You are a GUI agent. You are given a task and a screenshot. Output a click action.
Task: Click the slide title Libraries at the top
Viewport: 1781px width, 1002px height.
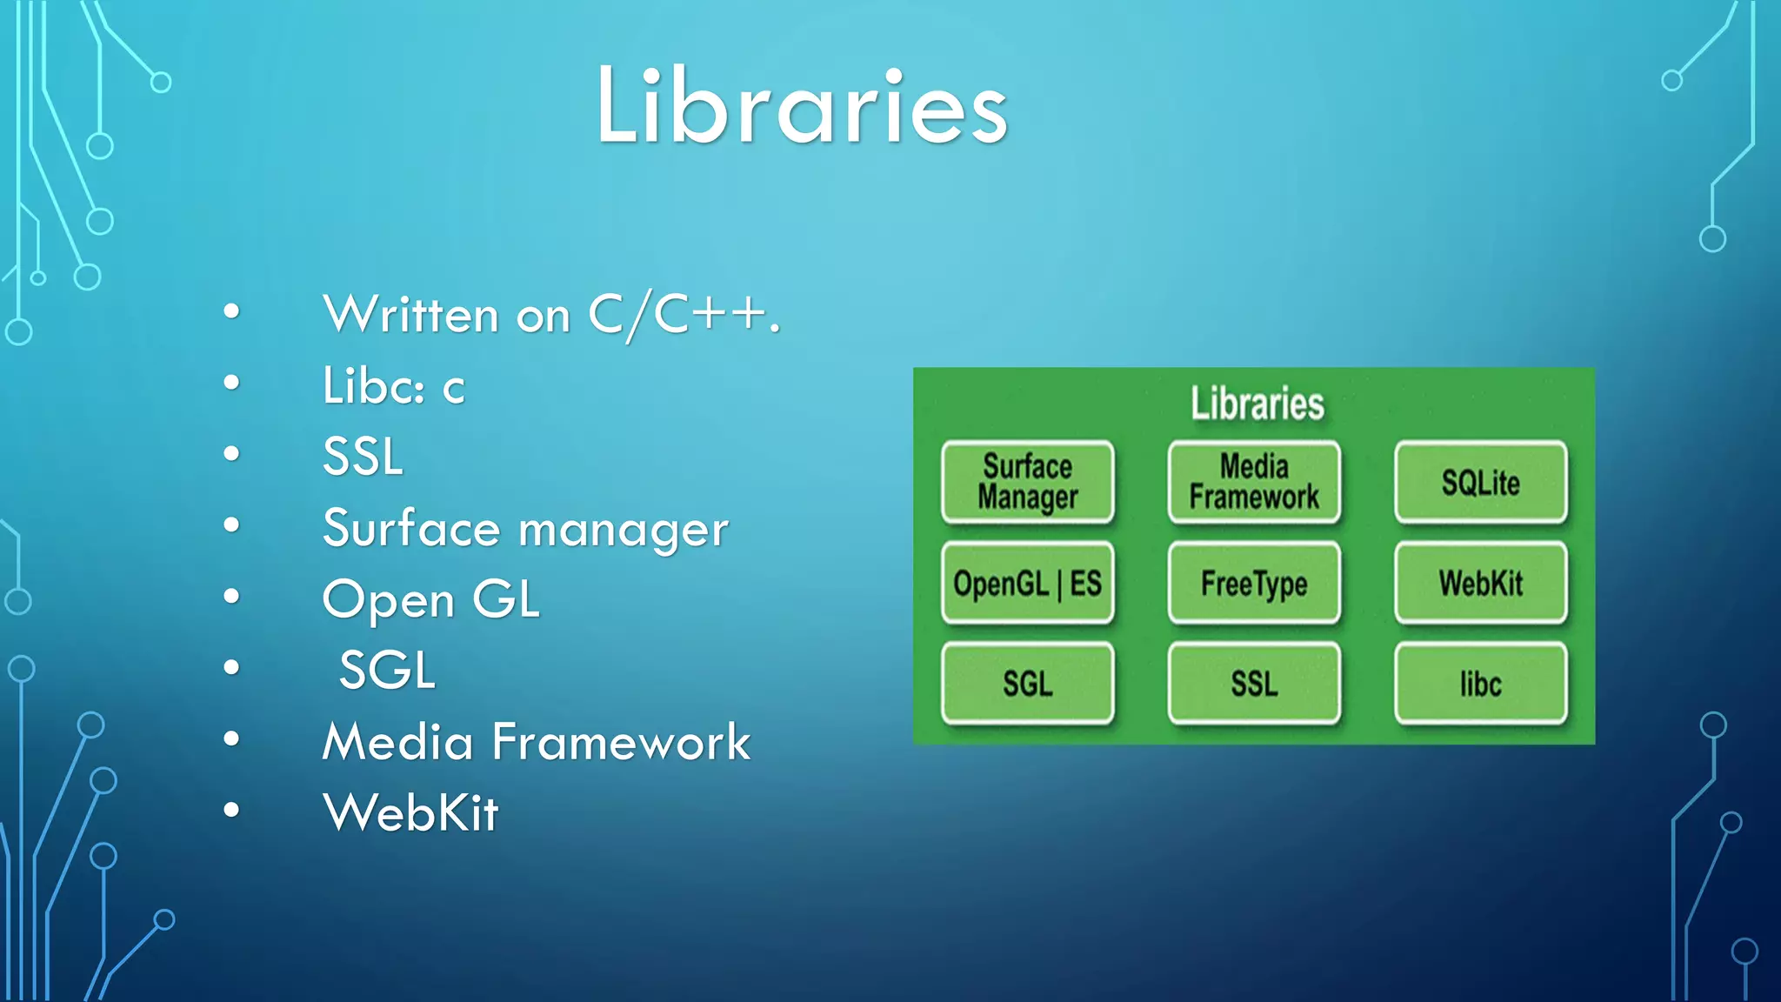[801, 106]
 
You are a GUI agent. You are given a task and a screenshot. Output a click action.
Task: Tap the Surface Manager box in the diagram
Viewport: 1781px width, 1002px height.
[1027, 482]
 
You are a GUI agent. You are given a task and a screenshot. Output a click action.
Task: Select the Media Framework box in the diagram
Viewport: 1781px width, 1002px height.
[1254, 482]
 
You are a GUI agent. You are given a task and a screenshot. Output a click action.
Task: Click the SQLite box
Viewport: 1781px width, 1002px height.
[1480, 482]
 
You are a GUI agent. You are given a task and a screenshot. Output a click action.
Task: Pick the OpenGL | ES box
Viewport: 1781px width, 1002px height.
[1027, 583]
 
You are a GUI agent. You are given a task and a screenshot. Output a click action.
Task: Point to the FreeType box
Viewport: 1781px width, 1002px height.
[1254, 583]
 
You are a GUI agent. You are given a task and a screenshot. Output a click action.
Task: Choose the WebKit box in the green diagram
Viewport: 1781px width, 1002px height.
[1480, 583]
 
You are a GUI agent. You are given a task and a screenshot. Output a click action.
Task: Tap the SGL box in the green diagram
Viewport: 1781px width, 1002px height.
[1027, 684]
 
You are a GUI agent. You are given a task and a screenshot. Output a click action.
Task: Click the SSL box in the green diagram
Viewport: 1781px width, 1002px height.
[1254, 684]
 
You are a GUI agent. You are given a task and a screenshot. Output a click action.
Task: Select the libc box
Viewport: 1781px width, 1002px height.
[1480, 684]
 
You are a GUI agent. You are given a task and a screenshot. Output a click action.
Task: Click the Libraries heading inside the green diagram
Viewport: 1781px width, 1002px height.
[1257, 404]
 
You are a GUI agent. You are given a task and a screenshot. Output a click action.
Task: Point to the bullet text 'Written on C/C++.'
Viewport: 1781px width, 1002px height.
[551, 315]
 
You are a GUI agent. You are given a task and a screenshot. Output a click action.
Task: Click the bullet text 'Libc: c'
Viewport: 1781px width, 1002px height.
[393, 386]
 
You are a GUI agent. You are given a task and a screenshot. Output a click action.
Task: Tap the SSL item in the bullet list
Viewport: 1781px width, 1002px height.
[363, 457]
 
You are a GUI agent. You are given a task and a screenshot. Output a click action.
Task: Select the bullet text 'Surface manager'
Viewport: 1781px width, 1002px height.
[524, 529]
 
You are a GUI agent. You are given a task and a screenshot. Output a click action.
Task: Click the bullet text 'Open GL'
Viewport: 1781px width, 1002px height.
[430, 600]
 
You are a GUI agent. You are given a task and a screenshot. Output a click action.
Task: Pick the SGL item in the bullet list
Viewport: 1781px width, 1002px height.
[387, 671]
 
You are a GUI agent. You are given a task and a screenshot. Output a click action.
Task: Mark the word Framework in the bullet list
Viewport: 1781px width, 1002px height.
[621, 742]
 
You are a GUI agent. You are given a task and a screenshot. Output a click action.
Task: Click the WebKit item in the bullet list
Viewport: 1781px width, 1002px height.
[410, 813]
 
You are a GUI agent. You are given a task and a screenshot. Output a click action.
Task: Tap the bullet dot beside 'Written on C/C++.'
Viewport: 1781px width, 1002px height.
[231, 311]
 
